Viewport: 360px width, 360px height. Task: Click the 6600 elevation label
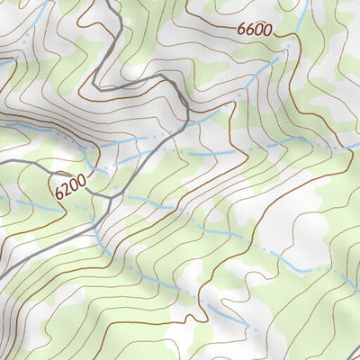pyautogui.click(x=255, y=29)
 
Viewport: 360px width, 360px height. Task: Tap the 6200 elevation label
pyautogui.click(x=70, y=188)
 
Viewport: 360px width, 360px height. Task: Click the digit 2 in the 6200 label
pyautogui.click(x=66, y=190)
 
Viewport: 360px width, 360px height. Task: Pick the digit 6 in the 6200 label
pyautogui.click(x=58, y=194)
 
